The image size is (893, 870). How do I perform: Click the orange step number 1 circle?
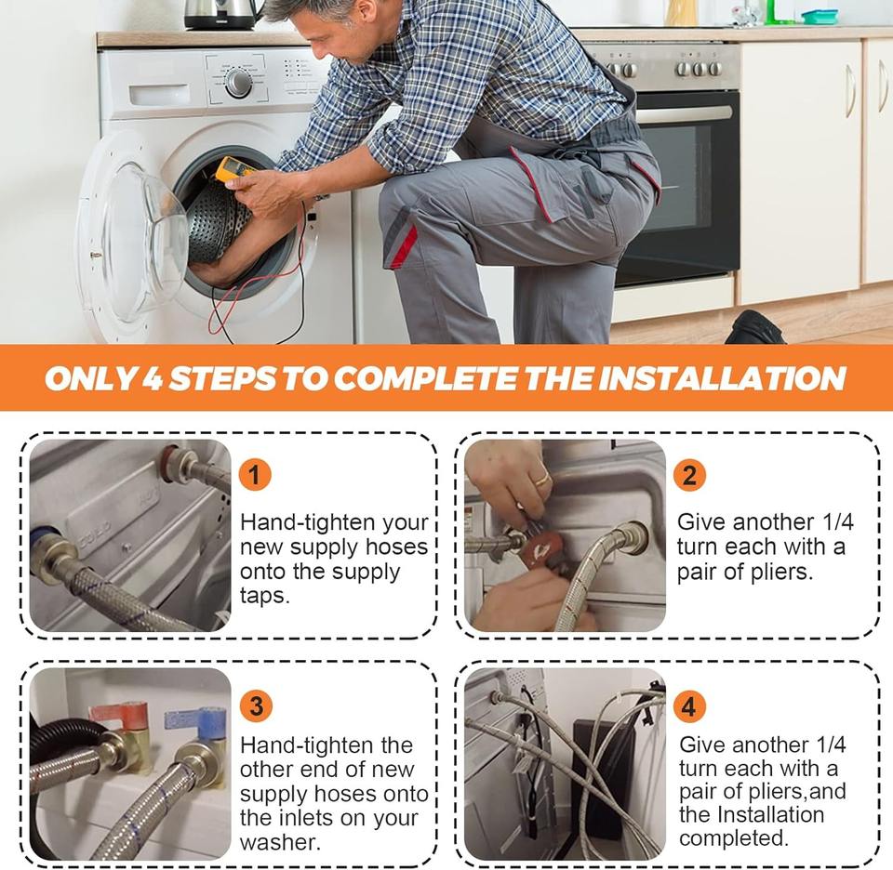255,475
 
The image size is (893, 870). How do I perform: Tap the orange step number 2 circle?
689,475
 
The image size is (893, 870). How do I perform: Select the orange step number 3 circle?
256,706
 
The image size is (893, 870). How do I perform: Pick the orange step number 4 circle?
689,706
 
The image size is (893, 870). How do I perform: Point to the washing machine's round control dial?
238,83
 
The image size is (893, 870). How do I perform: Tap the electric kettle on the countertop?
222,14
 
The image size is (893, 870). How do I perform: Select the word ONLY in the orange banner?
90,378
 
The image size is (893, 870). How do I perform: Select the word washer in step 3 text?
280,841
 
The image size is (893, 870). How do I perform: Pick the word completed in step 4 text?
734,837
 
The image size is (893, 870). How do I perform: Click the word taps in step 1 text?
265,596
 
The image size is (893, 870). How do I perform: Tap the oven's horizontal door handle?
684,114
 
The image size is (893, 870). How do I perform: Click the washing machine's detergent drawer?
159,95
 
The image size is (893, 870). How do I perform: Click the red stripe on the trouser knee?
403,245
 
